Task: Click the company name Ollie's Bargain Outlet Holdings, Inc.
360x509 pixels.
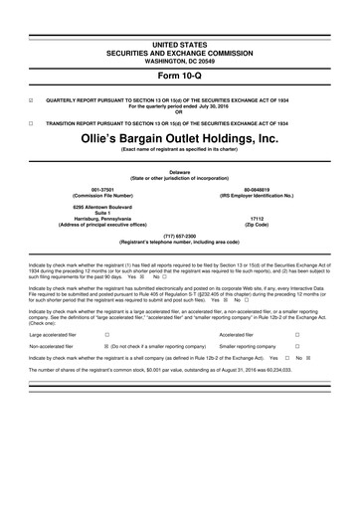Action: (x=179, y=139)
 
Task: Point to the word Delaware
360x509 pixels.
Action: (x=179, y=172)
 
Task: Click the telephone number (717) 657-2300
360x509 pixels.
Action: (x=179, y=235)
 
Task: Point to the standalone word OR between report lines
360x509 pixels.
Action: (x=179, y=114)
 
